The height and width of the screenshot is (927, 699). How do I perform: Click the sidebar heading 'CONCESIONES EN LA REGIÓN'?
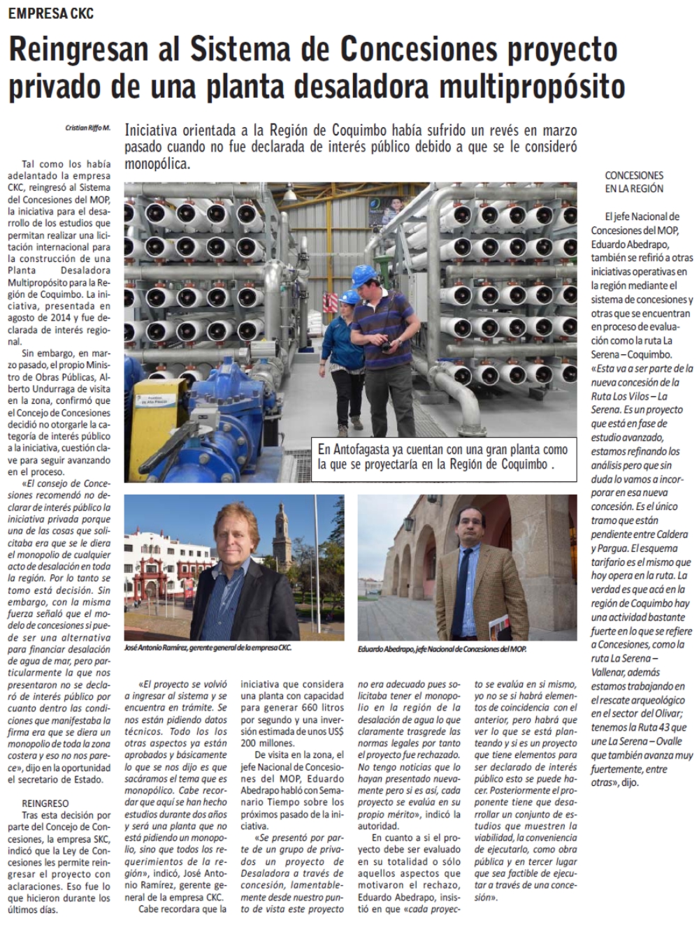point(635,182)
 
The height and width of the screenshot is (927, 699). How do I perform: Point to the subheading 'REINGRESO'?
point(45,804)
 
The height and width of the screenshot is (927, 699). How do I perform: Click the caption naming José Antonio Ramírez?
point(207,648)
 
